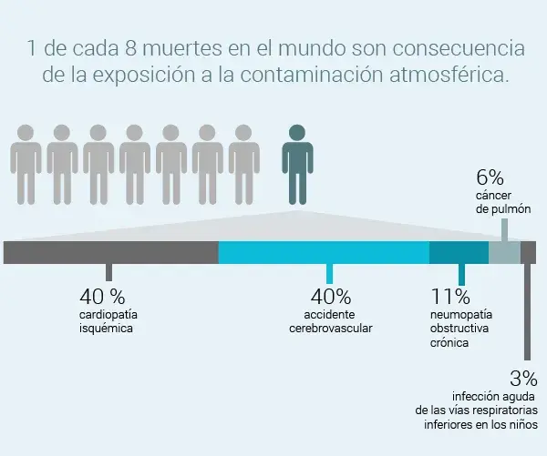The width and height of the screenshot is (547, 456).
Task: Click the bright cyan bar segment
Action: coord(324,252)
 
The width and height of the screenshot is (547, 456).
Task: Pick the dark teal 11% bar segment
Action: coord(459,252)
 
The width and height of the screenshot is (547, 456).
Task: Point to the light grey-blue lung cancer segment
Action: coord(504,252)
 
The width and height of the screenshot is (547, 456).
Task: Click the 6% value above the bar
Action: coord(490,177)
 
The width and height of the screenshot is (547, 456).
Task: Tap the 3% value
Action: coord(523,378)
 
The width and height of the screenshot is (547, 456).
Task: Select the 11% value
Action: coord(450,297)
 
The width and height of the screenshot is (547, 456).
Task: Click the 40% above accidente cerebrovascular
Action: coord(330,297)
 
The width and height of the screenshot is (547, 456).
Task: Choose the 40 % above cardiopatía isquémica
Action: coord(102,297)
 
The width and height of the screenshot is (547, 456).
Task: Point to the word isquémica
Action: coord(106,329)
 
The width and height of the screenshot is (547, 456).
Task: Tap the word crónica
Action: coord(449,343)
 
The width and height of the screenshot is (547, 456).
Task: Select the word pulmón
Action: coord(511,210)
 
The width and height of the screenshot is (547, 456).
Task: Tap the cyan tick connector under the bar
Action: coord(329,273)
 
